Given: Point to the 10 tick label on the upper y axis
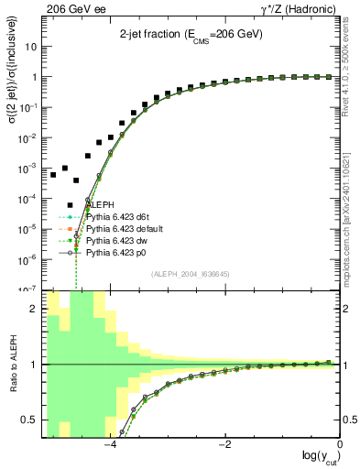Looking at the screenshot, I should click(x=32, y=46).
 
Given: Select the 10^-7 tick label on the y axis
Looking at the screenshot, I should click(x=29, y=288).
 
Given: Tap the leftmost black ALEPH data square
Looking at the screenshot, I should click(x=53, y=174).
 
